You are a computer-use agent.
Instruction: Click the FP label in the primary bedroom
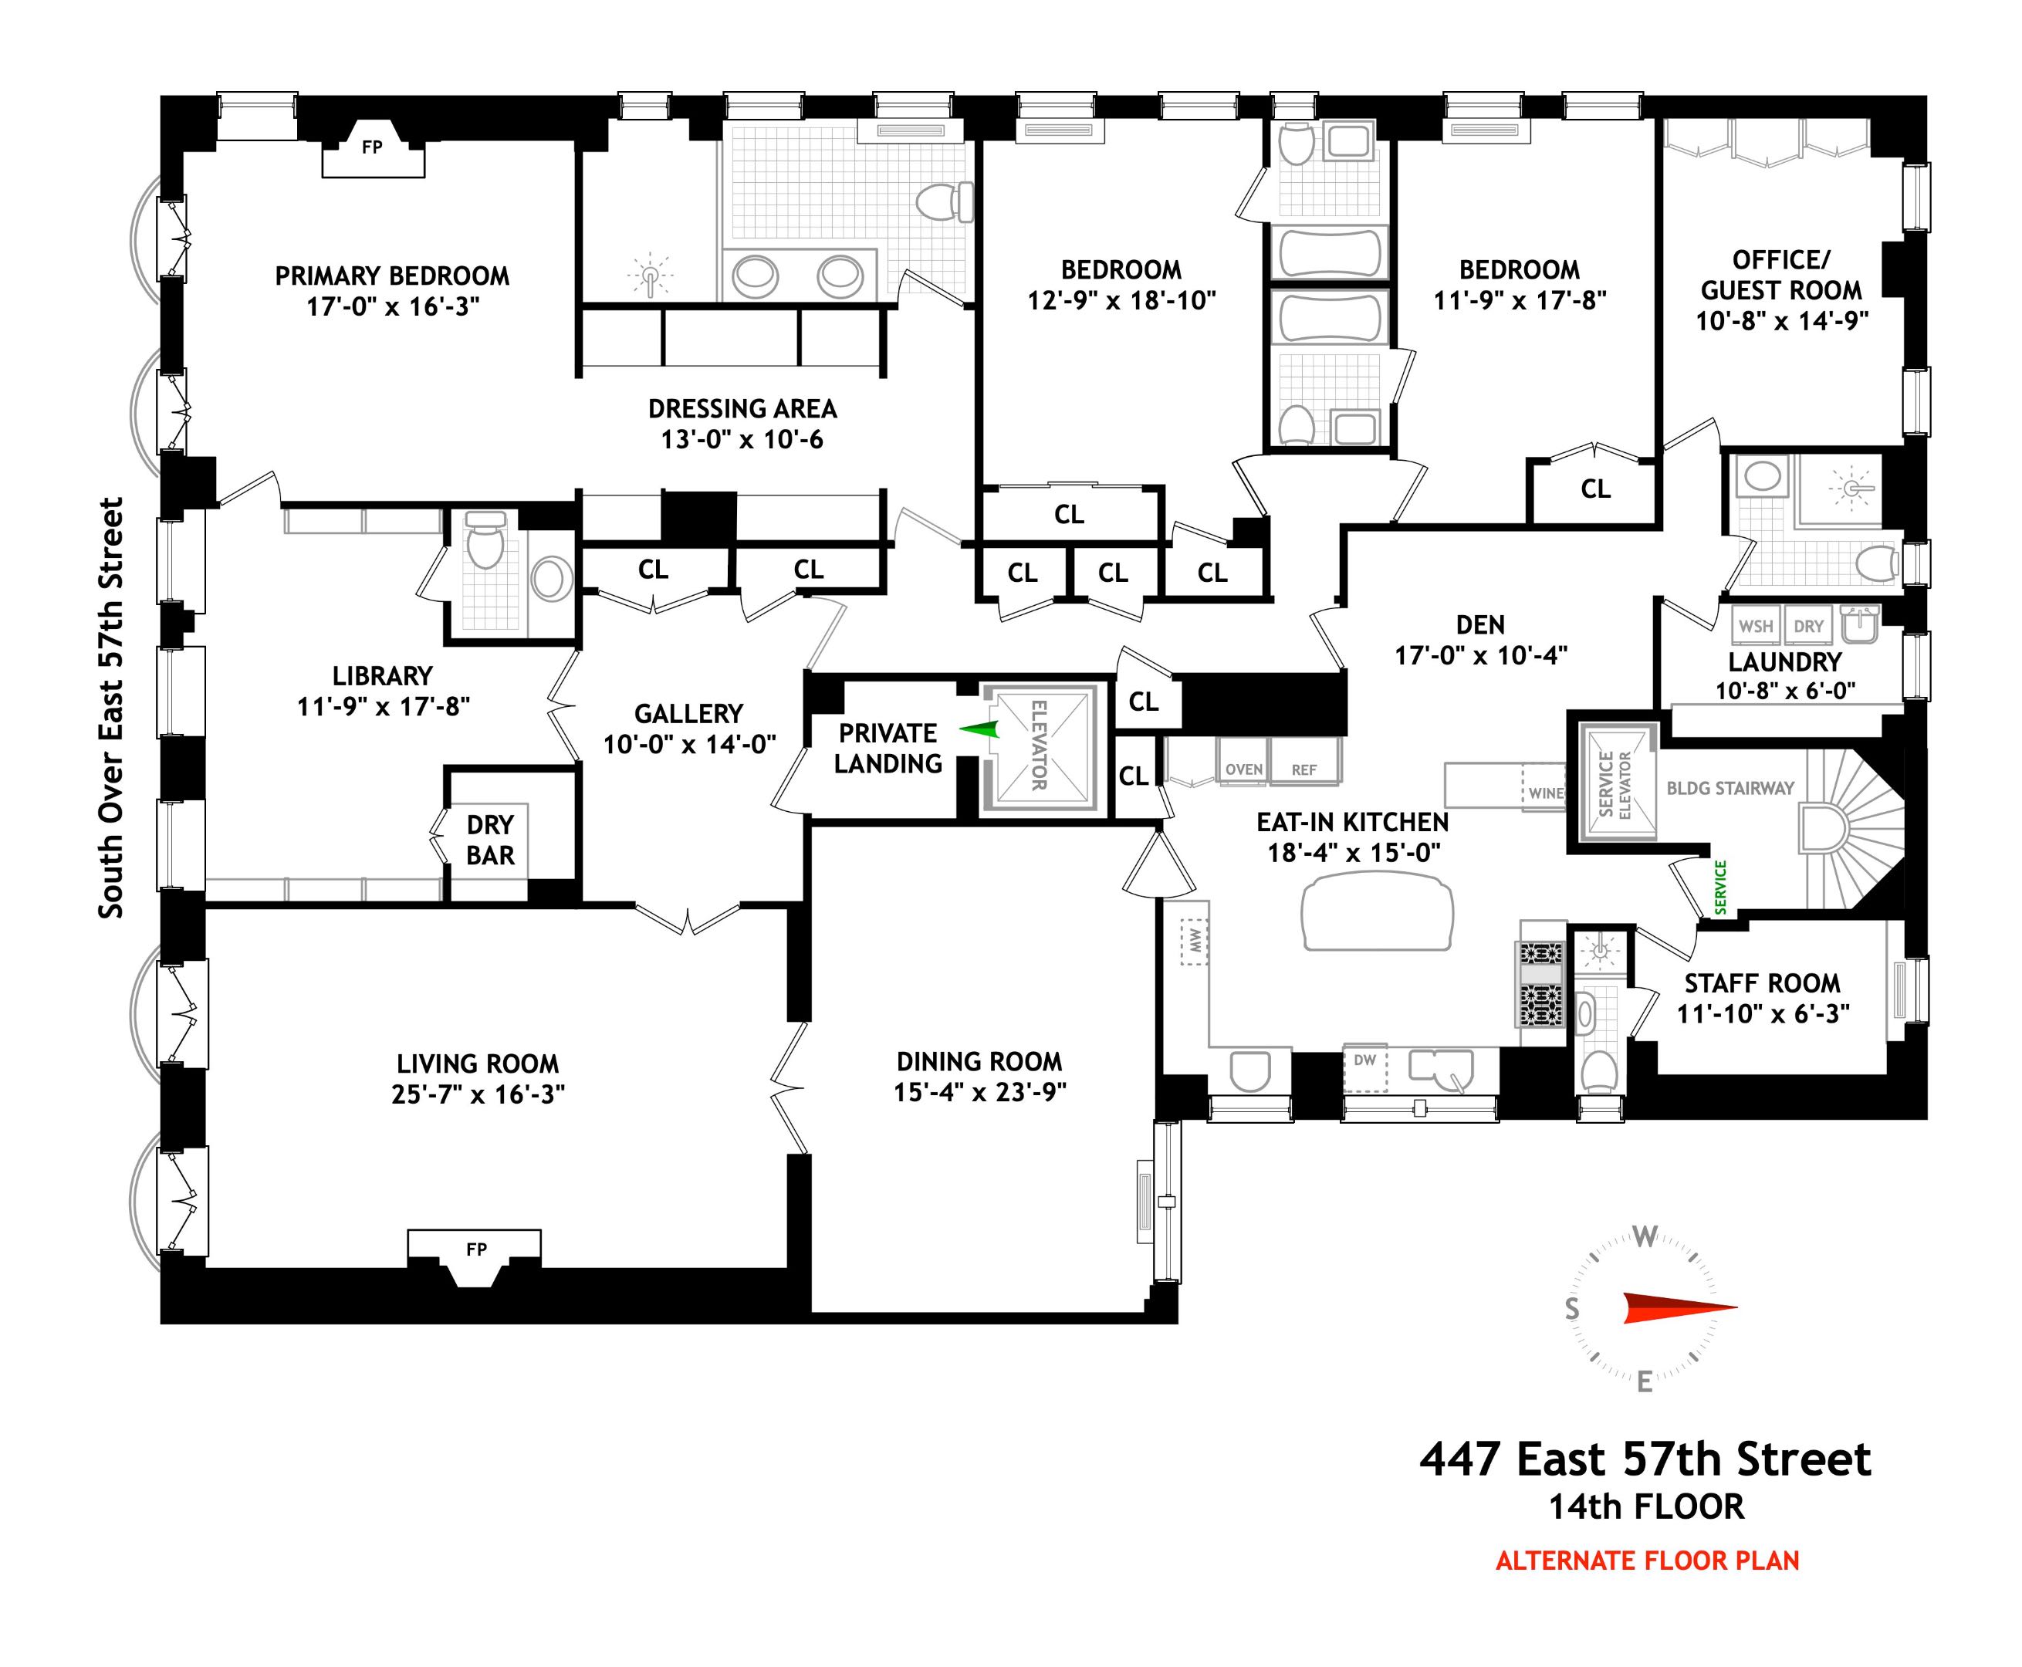pos(371,147)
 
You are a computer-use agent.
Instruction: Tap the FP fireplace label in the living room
pos(476,1249)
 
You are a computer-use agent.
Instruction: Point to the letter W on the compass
pos(1645,1237)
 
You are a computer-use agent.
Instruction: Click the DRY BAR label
pos(489,840)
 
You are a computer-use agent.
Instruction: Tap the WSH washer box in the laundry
pos(1756,626)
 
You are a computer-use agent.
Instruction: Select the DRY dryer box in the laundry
pos(1808,626)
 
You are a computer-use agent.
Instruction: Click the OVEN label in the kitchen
pos(1243,769)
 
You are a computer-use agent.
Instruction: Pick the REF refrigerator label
pos(1303,769)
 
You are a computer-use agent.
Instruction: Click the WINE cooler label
pos(1546,793)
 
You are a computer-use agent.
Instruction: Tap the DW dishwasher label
pos(1364,1060)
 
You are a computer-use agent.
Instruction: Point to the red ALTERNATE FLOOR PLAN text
pos(1647,1561)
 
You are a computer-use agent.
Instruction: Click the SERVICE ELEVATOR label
pos(1614,785)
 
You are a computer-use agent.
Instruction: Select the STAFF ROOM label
pos(1762,983)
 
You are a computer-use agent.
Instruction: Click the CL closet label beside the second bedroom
pos(1594,489)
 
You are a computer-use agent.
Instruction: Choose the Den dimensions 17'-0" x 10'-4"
pos(1479,655)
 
